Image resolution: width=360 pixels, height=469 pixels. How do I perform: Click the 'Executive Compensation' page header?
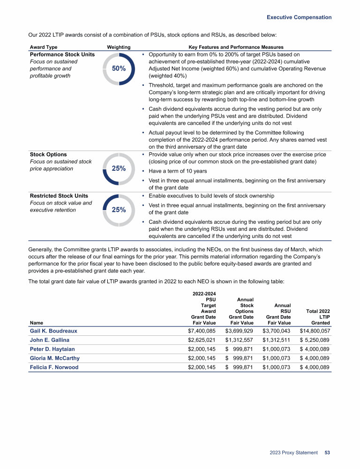click(x=299, y=17)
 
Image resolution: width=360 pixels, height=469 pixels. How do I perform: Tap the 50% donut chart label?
click(x=119, y=68)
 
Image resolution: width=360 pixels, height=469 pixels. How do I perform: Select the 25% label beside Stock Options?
click(x=119, y=168)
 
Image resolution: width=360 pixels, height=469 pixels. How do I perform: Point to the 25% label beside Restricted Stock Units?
click(x=119, y=210)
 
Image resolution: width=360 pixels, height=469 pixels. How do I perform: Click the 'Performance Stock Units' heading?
click(x=62, y=54)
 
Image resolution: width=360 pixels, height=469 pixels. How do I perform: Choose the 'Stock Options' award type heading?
click(x=48, y=154)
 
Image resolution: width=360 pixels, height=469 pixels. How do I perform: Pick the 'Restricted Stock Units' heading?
click(x=59, y=196)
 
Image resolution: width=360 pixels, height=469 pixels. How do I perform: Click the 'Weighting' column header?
click(x=119, y=47)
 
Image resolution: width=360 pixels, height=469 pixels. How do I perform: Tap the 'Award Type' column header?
click(x=44, y=47)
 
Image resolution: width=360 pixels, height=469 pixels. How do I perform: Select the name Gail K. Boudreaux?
click(x=53, y=331)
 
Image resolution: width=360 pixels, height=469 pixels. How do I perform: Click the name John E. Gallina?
click(x=49, y=340)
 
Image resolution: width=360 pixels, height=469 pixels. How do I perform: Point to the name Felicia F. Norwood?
click(x=54, y=367)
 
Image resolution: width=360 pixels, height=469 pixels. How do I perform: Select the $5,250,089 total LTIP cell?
click(x=315, y=340)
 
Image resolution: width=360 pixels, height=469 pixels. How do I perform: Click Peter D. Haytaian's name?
click(x=52, y=349)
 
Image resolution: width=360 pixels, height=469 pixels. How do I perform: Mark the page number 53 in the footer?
click(x=327, y=453)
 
